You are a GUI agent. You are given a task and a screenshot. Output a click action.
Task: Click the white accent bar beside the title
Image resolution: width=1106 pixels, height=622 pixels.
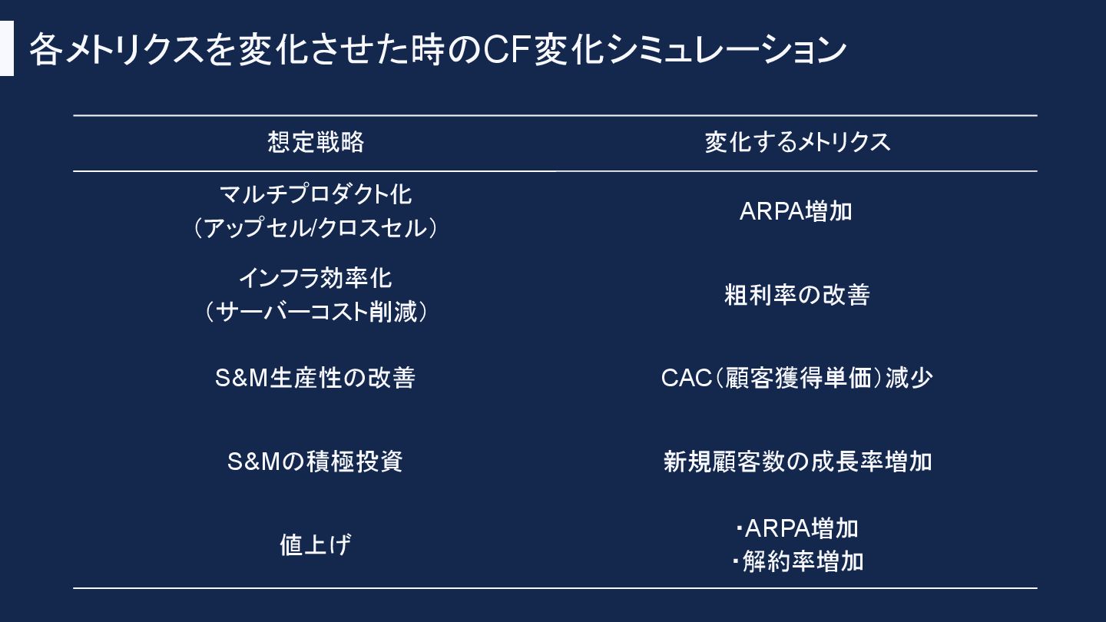pyautogui.click(x=7, y=48)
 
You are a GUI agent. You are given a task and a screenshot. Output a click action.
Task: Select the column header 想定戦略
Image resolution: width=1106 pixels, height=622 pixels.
pyautogui.click(x=316, y=142)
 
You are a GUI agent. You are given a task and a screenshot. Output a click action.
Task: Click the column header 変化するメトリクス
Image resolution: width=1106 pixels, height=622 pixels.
pyautogui.click(x=797, y=142)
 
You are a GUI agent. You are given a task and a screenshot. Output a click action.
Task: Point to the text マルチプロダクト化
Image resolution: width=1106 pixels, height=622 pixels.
pyautogui.click(x=316, y=194)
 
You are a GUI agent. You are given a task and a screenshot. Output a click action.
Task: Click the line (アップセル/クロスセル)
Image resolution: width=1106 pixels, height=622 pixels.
pyautogui.click(x=316, y=228)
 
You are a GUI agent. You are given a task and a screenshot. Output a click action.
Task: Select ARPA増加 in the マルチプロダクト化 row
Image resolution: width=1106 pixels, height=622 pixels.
pyautogui.click(x=796, y=211)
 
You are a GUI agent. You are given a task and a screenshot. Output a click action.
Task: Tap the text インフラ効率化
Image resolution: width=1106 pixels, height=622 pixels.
pyautogui.click(x=316, y=277)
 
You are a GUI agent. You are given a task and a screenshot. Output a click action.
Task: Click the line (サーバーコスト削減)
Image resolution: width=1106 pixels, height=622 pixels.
pyautogui.click(x=316, y=312)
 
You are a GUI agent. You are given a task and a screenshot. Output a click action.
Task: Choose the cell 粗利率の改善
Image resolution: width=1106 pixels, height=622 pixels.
pyautogui.click(x=796, y=295)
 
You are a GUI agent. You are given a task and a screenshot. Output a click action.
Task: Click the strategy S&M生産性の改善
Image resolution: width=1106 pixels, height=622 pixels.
pyautogui.click(x=316, y=378)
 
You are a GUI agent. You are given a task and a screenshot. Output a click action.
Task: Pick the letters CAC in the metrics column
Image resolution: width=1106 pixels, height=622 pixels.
pyautogui.click(x=686, y=378)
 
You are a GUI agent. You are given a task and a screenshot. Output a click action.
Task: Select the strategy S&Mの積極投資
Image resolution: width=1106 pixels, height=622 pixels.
pyautogui.click(x=316, y=462)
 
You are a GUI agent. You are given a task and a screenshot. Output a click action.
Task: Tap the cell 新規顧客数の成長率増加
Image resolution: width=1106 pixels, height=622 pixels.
pyautogui.click(x=797, y=462)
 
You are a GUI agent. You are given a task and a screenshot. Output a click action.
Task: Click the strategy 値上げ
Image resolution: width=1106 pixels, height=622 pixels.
pyautogui.click(x=316, y=545)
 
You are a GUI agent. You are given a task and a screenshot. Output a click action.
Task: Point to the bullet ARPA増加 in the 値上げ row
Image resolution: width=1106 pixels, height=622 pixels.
pyautogui.click(x=801, y=528)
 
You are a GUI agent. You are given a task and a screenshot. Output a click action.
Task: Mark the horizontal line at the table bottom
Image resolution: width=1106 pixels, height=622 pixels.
pyautogui.click(x=555, y=588)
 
